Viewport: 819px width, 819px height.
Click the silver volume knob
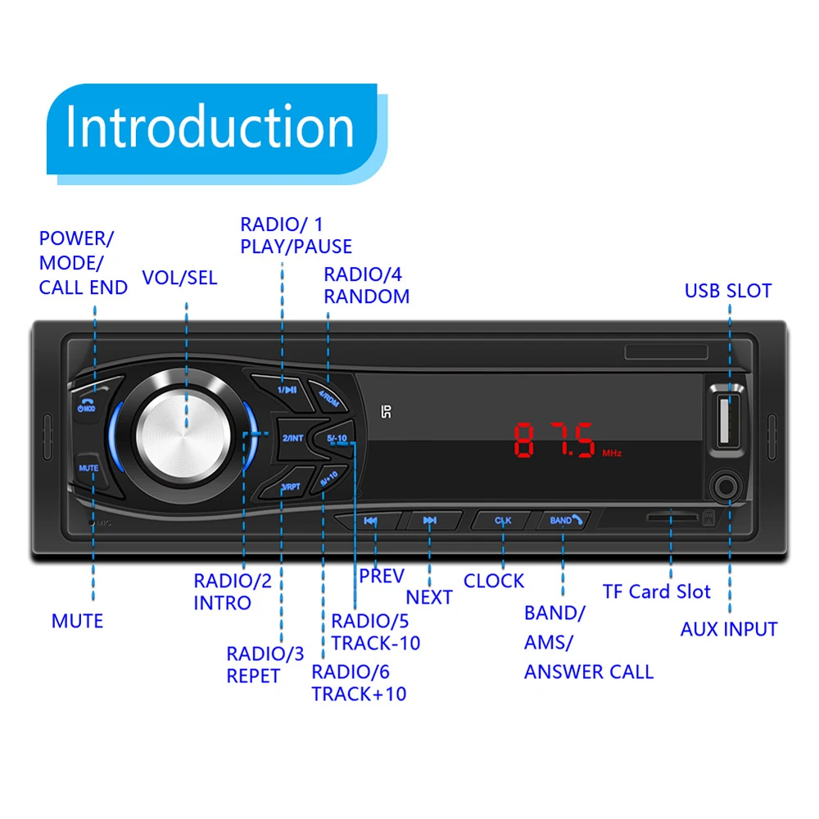click(186, 426)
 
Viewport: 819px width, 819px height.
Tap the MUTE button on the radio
click(88, 468)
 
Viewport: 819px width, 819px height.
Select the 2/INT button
click(292, 438)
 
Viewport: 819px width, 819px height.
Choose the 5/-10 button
click(337, 438)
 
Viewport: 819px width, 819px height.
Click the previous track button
click(370, 521)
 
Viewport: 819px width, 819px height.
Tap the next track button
click(429, 521)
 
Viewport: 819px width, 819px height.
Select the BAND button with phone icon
click(564, 520)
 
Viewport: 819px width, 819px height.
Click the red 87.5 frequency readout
click(554, 441)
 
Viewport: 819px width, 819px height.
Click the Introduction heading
click(210, 127)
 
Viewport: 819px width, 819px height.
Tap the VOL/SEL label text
click(179, 278)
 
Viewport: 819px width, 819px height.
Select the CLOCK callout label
click(493, 581)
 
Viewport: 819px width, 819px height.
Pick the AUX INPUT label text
click(728, 629)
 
